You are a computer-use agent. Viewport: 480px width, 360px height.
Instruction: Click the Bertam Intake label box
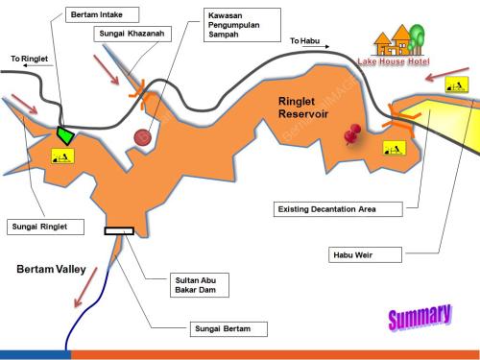pyautogui.click(x=102, y=14)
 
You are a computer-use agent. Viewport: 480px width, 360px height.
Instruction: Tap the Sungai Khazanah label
pyautogui.click(x=132, y=34)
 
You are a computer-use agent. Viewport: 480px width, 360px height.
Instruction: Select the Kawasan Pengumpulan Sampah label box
pyautogui.click(x=242, y=25)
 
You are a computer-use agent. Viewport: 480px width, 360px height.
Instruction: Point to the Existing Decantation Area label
pyautogui.click(x=338, y=209)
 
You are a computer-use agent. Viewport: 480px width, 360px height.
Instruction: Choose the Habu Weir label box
pyautogui.click(x=365, y=255)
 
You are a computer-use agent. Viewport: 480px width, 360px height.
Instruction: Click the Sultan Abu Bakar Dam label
pyautogui.click(x=200, y=285)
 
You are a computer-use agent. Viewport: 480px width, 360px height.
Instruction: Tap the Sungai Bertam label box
pyautogui.click(x=228, y=329)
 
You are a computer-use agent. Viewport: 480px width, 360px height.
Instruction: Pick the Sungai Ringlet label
pyautogui.click(x=45, y=227)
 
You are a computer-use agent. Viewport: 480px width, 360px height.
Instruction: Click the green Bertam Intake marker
pyautogui.click(x=65, y=135)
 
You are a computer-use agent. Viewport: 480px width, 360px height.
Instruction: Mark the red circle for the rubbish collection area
pyautogui.click(x=143, y=137)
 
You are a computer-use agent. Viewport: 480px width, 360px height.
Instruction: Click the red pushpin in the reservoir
pyautogui.click(x=352, y=134)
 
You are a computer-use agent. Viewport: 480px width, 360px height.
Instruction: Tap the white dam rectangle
pyautogui.click(x=119, y=231)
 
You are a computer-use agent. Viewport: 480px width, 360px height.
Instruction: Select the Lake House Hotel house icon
pyautogui.click(x=398, y=40)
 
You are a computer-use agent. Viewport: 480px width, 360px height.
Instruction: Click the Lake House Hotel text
pyautogui.click(x=394, y=61)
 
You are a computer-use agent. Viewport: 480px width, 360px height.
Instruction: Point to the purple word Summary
pyautogui.click(x=420, y=317)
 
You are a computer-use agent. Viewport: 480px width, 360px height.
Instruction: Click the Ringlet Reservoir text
pyautogui.click(x=303, y=108)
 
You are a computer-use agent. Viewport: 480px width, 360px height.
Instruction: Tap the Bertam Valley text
pyautogui.click(x=51, y=269)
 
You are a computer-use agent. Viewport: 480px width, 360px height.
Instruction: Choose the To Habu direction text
pyautogui.click(x=304, y=41)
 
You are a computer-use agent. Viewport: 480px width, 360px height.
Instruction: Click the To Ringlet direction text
pyautogui.click(x=29, y=59)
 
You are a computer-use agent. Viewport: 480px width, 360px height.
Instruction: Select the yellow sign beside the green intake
pyautogui.click(x=62, y=156)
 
